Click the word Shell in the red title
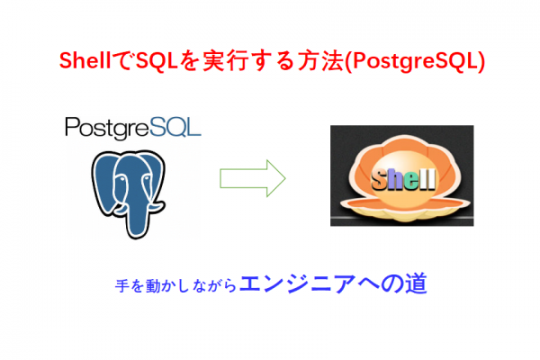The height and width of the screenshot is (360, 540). (x=85, y=61)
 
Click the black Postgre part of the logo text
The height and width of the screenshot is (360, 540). (x=107, y=128)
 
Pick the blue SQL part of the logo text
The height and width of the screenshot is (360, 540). (x=175, y=127)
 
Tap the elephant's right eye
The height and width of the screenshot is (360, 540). (x=146, y=178)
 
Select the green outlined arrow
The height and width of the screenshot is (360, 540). (x=253, y=178)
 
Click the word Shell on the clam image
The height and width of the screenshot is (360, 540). (x=403, y=179)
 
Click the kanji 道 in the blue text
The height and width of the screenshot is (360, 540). (x=416, y=283)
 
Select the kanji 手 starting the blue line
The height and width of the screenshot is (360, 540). (x=122, y=286)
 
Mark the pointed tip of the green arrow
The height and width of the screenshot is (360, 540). (x=285, y=178)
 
